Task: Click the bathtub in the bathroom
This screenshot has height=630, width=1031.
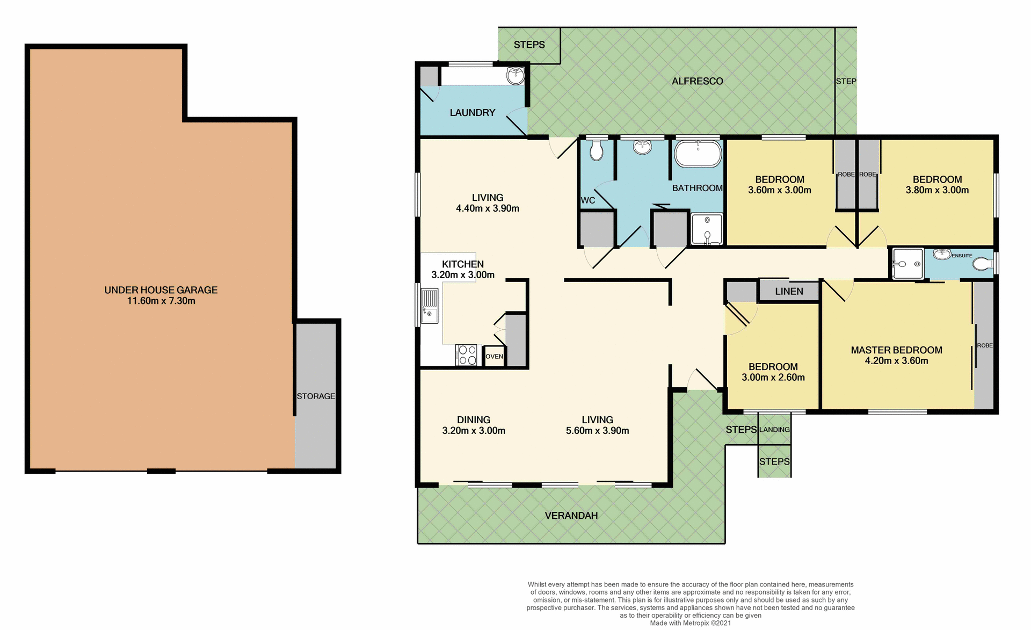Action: pos(698,154)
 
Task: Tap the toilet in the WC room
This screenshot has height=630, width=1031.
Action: pos(596,151)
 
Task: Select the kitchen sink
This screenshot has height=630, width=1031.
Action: pos(429,306)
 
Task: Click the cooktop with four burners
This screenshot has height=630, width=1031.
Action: pos(467,355)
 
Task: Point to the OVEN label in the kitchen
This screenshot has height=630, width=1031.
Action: pos(494,357)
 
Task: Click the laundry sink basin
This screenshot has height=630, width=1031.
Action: pos(515,76)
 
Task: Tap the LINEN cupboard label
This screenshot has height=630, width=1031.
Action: pos(789,292)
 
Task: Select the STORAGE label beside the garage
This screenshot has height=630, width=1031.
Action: pos(316,396)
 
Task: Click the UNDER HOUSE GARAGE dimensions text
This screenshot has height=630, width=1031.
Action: pos(161,301)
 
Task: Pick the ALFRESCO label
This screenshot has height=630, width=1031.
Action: pos(697,82)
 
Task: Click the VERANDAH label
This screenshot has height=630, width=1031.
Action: pos(571,516)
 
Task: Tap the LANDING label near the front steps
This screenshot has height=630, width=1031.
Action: pos(774,430)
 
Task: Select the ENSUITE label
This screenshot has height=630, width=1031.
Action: pos(962,256)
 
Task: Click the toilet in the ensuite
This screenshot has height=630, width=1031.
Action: pos(982,264)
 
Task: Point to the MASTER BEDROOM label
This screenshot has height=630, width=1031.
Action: pos(896,350)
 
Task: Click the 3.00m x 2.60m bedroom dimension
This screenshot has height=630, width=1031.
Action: pos(773,378)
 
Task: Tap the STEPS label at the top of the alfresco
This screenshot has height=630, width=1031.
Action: pos(529,45)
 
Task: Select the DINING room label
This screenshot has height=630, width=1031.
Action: pos(473,420)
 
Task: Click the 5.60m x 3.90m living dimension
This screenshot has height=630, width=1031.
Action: pos(597,431)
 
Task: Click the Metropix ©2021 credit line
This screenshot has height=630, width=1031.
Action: pos(690,623)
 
